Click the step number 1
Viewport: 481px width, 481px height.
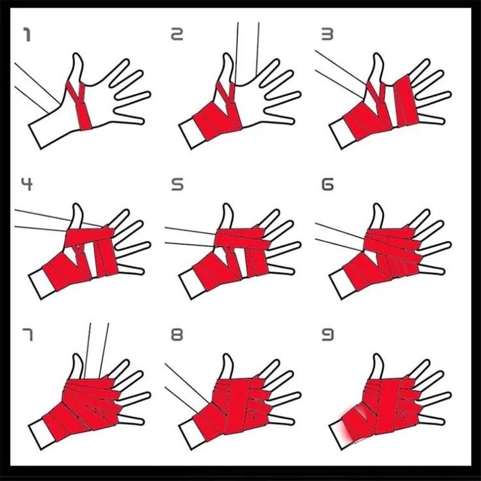point(27,35)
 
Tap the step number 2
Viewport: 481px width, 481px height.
point(177,35)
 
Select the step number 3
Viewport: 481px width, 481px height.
point(327,35)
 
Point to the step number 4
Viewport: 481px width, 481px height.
point(27,185)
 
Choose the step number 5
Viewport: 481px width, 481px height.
point(177,185)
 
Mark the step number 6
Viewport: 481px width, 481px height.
point(327,185)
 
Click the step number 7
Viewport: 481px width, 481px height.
point(27,335)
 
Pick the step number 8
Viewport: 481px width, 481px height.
point(177,335)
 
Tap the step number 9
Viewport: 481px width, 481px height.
point(327,335)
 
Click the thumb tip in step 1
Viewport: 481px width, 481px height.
point(77,56)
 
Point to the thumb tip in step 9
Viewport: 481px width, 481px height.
point(378,356)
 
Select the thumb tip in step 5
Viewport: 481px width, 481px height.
point(227,205)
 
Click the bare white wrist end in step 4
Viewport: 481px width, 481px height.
point(41,284)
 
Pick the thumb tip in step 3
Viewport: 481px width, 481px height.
point(378,56)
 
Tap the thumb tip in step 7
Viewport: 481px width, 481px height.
point(77,356)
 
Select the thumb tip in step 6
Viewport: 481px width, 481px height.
point(378,205)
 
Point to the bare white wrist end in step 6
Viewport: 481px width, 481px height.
point(342,284)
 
